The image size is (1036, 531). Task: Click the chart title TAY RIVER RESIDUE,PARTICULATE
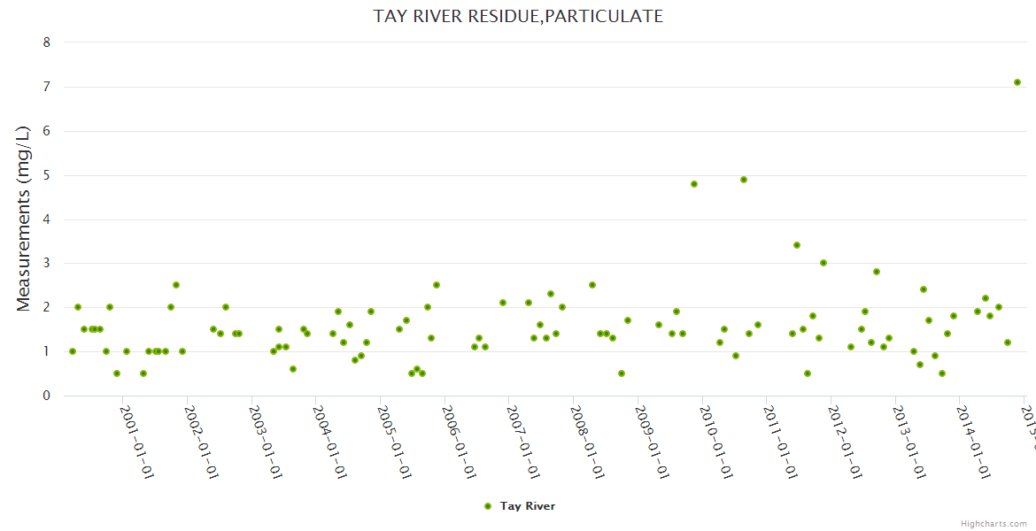pyautogui.click(x=518, y=16)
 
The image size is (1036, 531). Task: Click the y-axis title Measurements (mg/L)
pyautogui.click(x=24, y=218)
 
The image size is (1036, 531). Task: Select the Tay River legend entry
pyautogui.click(x=527, y=506)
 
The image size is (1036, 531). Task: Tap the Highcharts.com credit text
pyautogui.click(x=993, y=524)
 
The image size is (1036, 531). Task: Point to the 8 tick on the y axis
pyautogui.click(x=47, y=42)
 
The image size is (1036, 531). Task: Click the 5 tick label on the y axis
pyautogui.click(x=47, y=175)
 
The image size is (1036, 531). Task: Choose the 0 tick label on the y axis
pyautogui.click(x=47, y=396)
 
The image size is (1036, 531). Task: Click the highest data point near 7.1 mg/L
pyautogui.click(x=1017, y=82)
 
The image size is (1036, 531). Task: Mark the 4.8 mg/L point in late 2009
pyautogui.click(x=694, y=184)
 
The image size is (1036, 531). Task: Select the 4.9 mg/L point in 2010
pyautogui.click(x=744, y=180)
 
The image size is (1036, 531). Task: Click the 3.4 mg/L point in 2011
pyautogui.click(x=797, y=245)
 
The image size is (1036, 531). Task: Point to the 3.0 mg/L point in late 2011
pyautogui.click(x=823, y=263)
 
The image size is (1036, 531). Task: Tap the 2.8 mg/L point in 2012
pyautogui.click(x=877, y=272)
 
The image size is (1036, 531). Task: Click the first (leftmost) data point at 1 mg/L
pyautogui.click(x=73, y=351)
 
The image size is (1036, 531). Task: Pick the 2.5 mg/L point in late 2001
pyautogui.click(x=176, y=285)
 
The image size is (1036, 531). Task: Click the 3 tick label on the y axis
pyautogui.click(x=47, y=263)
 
